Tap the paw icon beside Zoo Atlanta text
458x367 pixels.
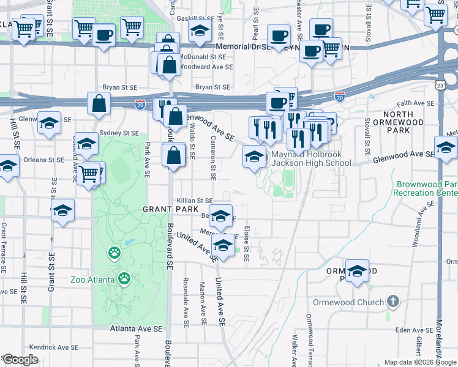coord(124,279)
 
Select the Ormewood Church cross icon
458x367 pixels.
coord(392,302)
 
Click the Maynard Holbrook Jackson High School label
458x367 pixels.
coord(311,158)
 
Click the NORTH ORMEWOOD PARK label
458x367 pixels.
coord(403,122)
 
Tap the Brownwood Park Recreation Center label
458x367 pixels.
coord(427,188)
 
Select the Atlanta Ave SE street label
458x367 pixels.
coord(137,328)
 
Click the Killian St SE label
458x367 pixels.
coord(195,201)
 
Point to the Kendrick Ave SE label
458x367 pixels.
coord(53,347)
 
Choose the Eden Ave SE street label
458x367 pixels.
coord(410,330)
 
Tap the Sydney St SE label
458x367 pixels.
coord(119,133)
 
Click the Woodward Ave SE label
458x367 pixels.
coord(208,67)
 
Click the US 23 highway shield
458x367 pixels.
coord(440,87)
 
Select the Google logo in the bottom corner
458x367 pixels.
coord(21,360)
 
